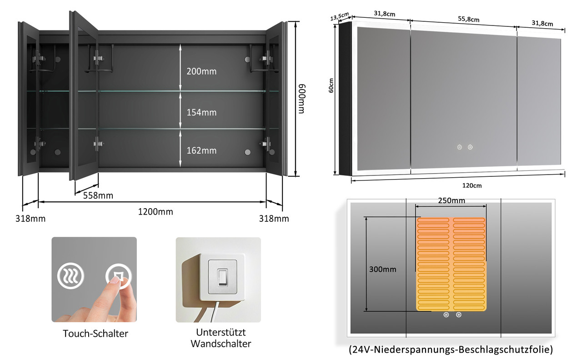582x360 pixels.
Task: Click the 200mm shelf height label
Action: point(201,71)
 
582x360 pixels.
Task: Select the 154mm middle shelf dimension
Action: point(201,112)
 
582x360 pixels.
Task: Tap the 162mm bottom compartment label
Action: point(201,150)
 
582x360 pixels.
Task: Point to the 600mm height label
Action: point(301,99)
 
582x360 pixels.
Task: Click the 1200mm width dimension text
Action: point(156,212)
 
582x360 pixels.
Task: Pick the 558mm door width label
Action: point(98,195)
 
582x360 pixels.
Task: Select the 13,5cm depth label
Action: point(339,16)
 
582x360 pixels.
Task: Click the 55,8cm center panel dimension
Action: point(468,19)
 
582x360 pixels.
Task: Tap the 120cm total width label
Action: point(472,185)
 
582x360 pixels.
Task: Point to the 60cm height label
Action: point(331,85)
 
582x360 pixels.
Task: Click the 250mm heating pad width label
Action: point(452,200)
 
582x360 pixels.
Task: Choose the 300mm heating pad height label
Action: point(383,270)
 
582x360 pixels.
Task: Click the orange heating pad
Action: point(451,264)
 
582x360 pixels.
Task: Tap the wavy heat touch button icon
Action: point(70,275)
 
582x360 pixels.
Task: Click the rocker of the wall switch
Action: point(222,277)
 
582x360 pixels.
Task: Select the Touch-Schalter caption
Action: point(95,334)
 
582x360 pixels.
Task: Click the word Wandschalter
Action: point(221,344)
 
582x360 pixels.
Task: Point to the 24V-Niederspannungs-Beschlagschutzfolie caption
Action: point(451,350)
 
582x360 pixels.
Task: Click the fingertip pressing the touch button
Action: point(116,281)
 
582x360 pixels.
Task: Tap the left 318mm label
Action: point(30,219)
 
